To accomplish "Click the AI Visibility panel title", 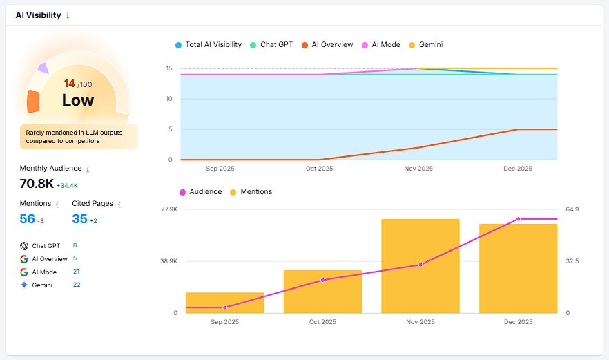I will pyautogui.click(x=38, y=15).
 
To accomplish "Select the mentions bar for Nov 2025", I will pyautogui.click(x=420, y=266).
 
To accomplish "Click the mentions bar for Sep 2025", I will pyautogui.click(x=224, y=303).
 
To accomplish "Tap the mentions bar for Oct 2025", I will pyautogui.click(x=322, y=292).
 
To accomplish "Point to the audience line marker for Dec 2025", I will pyautogui.click(x=518, y=219).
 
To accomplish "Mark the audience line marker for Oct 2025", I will pyautogui.click(x=322, y=280).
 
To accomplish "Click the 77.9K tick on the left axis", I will pyautogui.click(x=168, y=209).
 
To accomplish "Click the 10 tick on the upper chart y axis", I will pyautogui.click(x=168, y=99).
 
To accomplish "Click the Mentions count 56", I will pyautogui.click(x=27, y=219).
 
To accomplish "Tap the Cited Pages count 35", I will pyautogui.click(x=79, y=219).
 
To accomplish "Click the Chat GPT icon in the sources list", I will pyautogui.click(x=24, y=245).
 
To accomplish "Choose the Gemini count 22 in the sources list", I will pyautogui.click(x=77, y=285).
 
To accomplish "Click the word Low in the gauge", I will pyautogui.click(x=78, y=100).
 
